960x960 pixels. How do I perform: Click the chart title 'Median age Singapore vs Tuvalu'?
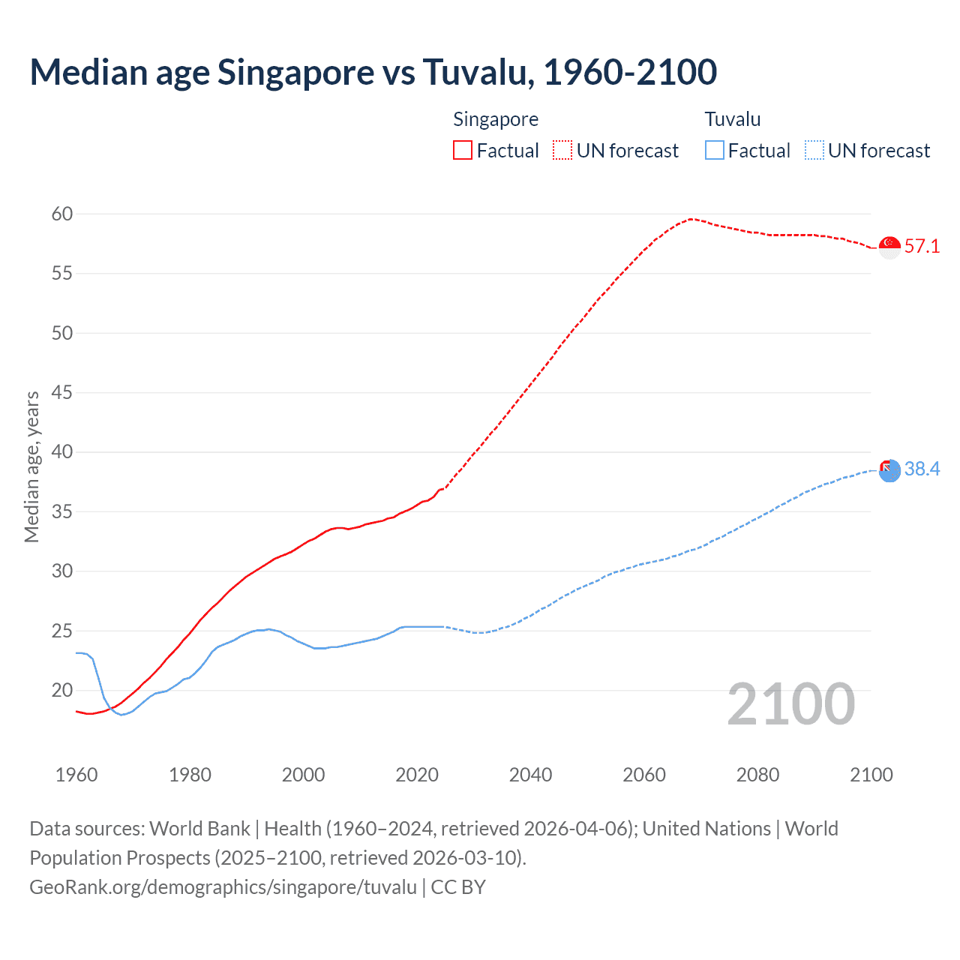click(x=373, y=73)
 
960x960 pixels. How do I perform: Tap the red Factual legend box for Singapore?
click(x=463, y=150)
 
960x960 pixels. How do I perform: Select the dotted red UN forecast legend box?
click(x=562, y=150)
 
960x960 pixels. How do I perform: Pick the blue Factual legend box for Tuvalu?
click(x=714, y=150)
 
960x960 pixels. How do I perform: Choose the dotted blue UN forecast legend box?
click(x=814, y=150)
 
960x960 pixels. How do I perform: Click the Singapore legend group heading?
click(x=496, y=119)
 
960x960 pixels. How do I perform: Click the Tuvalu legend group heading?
click(x=732, y=119)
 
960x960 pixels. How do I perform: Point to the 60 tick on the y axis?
click(x=62, y=214)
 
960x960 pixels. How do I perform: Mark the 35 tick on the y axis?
click(x=62, y=511)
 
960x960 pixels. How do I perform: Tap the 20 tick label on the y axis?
click(x=62, y=690)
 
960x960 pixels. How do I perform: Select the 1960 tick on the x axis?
click(x=76, y=775)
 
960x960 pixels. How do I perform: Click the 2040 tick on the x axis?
click(x=530, y=775)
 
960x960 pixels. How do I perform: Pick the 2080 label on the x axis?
click(x=757, y=775)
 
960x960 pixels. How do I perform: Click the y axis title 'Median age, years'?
click(x=31, y=466)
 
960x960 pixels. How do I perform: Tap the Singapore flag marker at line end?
click(x=889, y=247)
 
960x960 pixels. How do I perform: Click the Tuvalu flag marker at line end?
click(x=889, y=470)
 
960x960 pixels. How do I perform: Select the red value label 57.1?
click(x=922, y=247)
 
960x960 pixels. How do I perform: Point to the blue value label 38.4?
click(x=922, y=469)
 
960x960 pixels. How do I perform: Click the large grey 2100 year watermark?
click(x=790, y=704)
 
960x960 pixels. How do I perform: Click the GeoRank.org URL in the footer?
click(x=223, y=887)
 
